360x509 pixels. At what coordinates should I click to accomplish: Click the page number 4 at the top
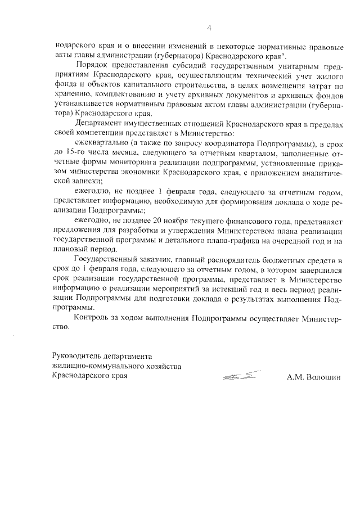click(209, 28)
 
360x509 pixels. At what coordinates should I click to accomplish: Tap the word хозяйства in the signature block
click(163, 366)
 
